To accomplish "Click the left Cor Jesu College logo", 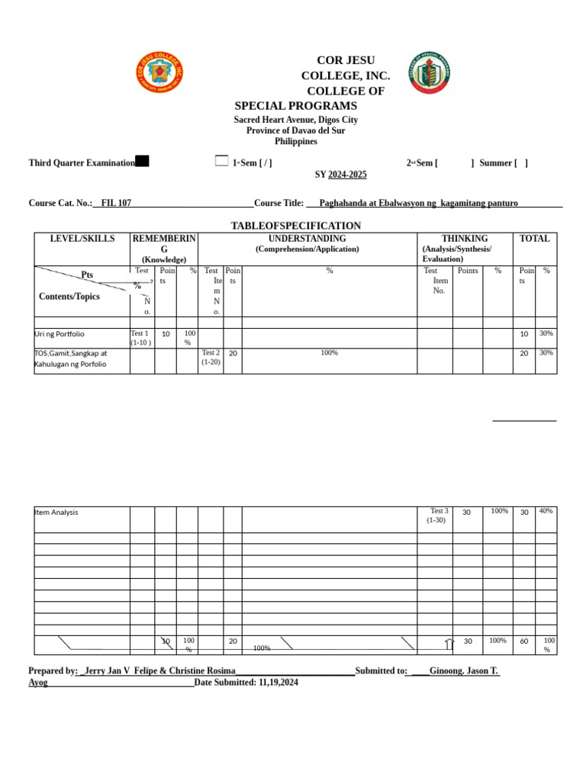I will pos(159,73).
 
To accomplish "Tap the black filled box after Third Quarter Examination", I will pos(142,161).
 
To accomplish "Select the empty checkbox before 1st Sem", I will pos(221,160).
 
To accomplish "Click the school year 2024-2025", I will pos(347,175).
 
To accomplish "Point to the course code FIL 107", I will pos(116,203).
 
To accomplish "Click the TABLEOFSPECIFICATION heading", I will pos(295,226).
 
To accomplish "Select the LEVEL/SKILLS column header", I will pos(82,239).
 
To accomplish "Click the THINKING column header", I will pos(465,239).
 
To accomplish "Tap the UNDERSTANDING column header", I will pos(307,239).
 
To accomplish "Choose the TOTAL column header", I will pos(534,239).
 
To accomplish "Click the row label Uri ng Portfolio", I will pos(60,334).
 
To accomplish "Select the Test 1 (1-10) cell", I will pos(141,338).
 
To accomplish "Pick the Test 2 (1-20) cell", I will pos(211,357).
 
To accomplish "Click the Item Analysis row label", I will pos(56,513).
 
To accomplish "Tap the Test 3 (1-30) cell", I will pos(438,516).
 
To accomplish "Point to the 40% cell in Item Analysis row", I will pos(546,511).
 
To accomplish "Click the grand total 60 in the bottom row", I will pos(524,641).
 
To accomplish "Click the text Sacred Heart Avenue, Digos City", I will pos(295,120).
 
